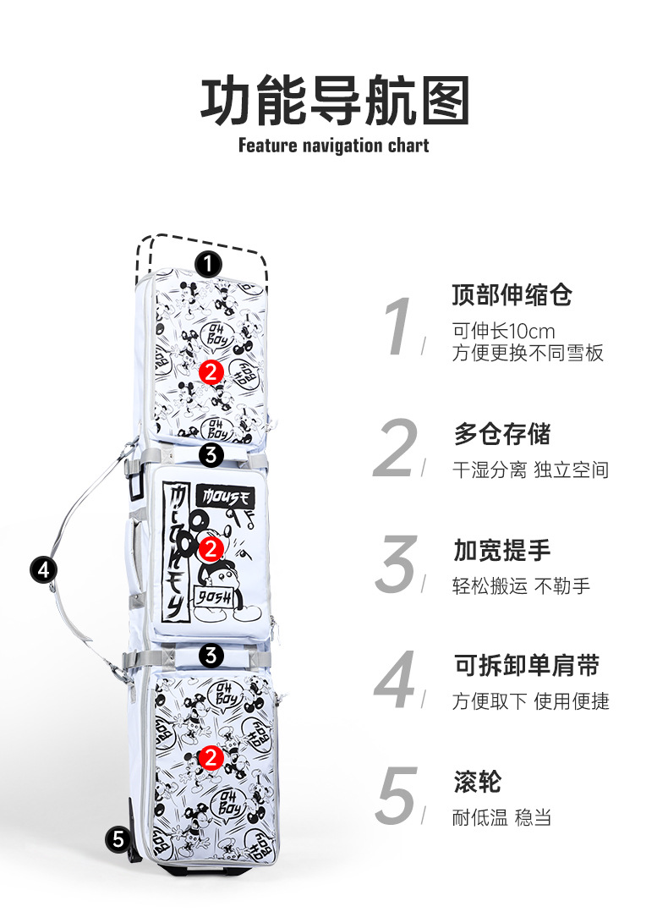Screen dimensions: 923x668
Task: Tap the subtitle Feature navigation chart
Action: pyautogui.click(x=333, y=146)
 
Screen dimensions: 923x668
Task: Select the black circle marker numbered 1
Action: pyautogui.click(x=208, y=265)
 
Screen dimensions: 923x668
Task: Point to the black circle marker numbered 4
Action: pyautogui.click(x=43, y=569)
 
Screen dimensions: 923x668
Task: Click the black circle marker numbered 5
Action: pyautogui.click(x=118, y=839)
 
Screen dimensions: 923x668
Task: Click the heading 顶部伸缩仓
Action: pyautogui.click(x=512, y=295)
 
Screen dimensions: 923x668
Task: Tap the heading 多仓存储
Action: pyautogui.click(x=502, y=435)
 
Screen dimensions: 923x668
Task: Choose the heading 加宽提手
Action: pyautogui.click(x=502, y=551)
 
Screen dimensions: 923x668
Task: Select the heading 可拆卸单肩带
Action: pyautogui.click(x=526, y=666)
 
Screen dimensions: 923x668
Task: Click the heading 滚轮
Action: pyautogui.click(x=477, y=782)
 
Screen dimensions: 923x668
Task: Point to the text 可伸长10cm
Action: pyautogui.click(x=503, y=331)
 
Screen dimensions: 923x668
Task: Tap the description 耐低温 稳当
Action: pyautogui.click(x=502, y=818)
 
